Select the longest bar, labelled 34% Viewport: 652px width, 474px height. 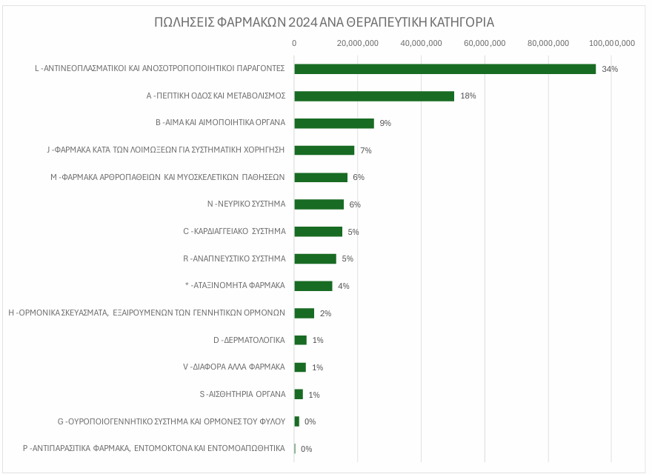tap(445, 69)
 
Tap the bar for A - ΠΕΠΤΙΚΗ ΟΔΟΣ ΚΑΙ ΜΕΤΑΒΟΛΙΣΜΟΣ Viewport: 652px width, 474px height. tap(374, 96)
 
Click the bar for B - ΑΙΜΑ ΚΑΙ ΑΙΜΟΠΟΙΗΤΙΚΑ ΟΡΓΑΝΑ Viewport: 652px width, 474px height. tap(334, 123)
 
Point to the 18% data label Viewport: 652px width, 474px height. tap(468, 96)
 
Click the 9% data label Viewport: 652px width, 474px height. tap(385, 123)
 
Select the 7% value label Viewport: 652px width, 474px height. tap(365, 150)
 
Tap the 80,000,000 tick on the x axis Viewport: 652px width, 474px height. tap(548, 43)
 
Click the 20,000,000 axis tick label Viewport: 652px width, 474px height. tap(358, 43)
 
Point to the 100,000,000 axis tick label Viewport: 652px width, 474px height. tap(611, 43)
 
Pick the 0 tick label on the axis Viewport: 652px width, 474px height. tap(294, 43)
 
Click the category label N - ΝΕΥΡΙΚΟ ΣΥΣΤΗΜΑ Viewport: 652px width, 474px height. tap(246, 204)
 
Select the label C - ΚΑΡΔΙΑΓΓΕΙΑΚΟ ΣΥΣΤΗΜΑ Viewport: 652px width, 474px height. tap(234, 232)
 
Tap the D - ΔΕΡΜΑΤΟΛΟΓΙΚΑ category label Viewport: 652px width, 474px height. tap(249, 340)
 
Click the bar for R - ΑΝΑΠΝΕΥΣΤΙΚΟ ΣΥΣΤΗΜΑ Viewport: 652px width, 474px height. tap(315, 258)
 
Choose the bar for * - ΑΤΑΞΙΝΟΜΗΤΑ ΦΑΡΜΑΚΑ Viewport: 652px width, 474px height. tap(313, 286)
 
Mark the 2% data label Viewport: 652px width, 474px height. tap(325, 313)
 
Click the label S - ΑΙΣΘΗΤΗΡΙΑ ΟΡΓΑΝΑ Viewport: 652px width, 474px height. tap(242, 394)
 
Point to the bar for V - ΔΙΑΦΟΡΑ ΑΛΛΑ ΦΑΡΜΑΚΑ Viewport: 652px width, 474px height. tap(300, 367)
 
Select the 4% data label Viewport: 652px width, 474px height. tap(343, 286)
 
